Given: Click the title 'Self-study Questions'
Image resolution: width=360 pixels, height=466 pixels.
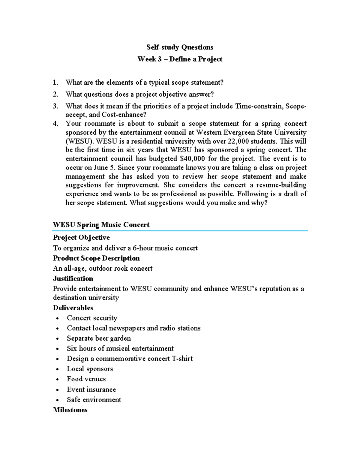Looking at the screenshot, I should click(180, 47).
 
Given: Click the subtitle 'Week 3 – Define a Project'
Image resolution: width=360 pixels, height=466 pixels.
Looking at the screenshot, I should click(180, 59).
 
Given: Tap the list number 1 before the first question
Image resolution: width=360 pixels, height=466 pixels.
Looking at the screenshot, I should click(55, 83).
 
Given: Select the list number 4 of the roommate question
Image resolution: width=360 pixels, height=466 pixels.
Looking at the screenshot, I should click(55, 124).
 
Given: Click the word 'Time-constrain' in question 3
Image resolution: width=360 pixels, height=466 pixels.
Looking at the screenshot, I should click(259, 106).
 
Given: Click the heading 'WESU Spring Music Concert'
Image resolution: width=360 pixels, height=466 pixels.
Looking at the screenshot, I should click(101, 225).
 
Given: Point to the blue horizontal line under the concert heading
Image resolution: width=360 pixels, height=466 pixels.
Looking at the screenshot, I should click(180, 231).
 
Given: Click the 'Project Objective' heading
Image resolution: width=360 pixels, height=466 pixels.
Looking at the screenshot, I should click(81, 238).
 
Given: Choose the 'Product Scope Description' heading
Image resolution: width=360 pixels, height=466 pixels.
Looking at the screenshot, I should click(96, 258).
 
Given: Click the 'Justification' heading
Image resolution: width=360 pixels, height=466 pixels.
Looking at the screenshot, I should click(73, 278).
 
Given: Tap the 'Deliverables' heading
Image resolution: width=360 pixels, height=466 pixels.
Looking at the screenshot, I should click(73, 308).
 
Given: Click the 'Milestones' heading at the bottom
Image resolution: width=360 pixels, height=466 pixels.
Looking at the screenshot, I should click(70, 410).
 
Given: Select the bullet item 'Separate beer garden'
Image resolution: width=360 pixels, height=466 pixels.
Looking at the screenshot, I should click(99, 338).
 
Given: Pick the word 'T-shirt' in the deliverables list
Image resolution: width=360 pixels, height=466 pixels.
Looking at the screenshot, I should click(182, 359).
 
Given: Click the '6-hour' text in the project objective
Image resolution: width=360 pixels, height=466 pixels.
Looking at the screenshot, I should click(142, 248).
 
